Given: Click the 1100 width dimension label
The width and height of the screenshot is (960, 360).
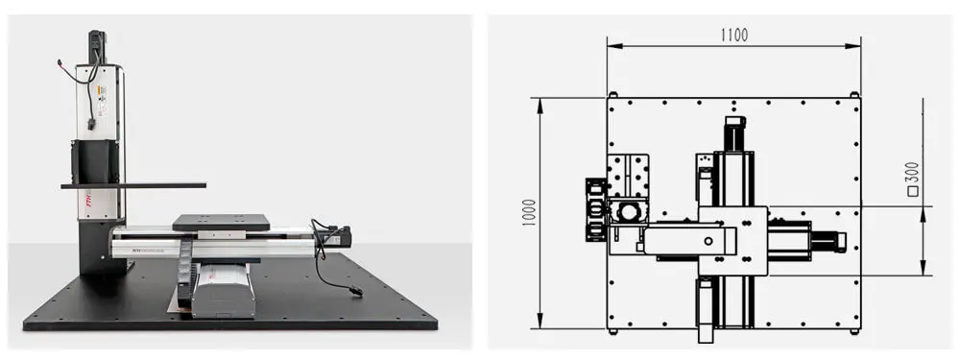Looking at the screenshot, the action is click(734, 35).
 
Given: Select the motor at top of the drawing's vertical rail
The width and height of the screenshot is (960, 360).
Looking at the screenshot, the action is click(734, 132).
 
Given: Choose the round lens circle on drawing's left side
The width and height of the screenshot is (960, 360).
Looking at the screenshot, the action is click(630, 209).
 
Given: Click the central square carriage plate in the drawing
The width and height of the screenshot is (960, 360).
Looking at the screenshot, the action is click(732, 240).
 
